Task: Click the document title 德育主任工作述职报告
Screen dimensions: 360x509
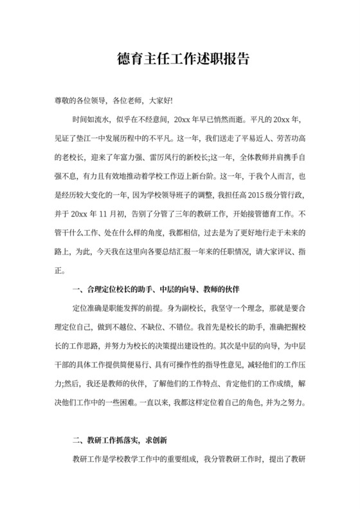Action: [x=179, y=60]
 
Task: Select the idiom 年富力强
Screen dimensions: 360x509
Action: [x=130, y=156]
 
